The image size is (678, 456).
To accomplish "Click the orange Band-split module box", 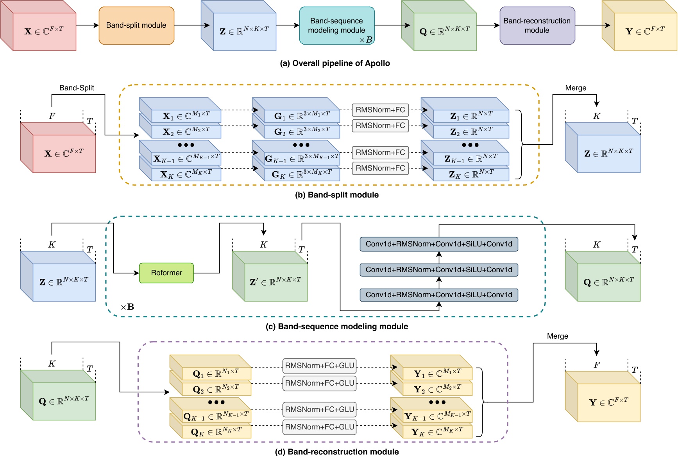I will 136,25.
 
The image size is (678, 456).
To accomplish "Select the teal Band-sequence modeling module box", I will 336,25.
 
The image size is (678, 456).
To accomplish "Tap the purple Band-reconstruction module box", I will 537,25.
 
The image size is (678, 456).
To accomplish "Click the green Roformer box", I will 166,273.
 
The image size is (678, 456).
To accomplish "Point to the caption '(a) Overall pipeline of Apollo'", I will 335,63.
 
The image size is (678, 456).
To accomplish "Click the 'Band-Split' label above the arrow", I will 77,88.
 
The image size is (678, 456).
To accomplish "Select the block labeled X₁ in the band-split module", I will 186,116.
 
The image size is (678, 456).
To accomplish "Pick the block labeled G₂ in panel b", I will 302,132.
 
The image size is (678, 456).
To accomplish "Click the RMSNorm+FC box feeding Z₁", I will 380,110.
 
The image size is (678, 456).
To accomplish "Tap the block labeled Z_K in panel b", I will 471,174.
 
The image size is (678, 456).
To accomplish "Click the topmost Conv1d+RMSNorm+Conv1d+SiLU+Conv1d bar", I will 439,244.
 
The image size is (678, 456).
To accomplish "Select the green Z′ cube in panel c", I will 275,282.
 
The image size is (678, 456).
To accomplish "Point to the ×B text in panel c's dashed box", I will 127,307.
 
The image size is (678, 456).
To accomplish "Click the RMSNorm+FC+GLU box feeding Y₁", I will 319,366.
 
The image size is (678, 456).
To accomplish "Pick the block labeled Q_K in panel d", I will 216,432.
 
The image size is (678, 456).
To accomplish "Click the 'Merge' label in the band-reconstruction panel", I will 557,336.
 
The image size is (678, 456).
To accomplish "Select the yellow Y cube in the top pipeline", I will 645,31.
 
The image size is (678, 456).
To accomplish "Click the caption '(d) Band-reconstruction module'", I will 337,452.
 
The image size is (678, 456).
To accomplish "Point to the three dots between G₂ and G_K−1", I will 301,145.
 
